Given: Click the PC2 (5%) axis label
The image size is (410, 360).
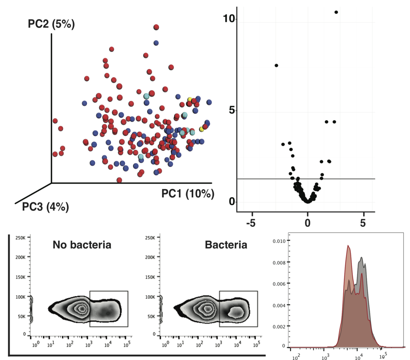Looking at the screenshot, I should pos(51,24).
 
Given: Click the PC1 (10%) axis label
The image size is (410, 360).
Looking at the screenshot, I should pos(188,194).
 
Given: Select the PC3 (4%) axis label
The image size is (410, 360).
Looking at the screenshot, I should pos(45,207).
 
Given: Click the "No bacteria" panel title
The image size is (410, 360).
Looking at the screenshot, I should pos(82,245).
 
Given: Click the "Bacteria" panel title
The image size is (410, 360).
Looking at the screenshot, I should pos(226,245).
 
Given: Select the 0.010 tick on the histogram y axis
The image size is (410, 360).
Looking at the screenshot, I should pos(279,241).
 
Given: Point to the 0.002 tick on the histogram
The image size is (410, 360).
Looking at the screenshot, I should pos(279,326).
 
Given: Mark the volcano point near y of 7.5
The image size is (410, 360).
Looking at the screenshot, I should pos(276,65).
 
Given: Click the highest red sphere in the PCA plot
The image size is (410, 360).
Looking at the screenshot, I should pos(156,27).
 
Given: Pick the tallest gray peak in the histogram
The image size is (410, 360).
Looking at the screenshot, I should pos(362,258).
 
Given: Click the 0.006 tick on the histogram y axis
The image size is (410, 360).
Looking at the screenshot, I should pos(279,284).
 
